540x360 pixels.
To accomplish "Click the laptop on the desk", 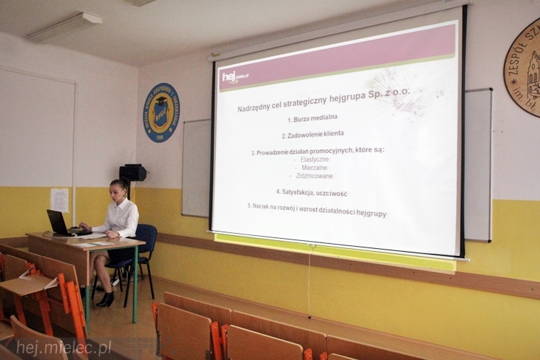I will (x=58, y=223).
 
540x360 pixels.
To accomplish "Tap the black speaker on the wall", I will (x=132, y=173).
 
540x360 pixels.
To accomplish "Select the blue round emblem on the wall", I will (x=161, y=113).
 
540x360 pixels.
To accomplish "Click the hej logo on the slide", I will (x=235, y=76).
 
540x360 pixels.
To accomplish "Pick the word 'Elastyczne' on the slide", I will (x=314, y=159).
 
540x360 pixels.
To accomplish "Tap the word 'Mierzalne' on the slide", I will (x=314, y=167).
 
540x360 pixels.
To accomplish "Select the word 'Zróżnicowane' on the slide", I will (x=316, y=176).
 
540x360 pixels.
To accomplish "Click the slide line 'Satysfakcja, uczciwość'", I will (x=311, y=193).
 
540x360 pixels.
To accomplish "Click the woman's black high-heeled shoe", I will (x=106, y=299).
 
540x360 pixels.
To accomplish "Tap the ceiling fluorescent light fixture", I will (x=65, y=27).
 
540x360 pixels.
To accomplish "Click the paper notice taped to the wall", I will (x=59, y=200).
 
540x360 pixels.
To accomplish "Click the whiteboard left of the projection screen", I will (x=196, y=167).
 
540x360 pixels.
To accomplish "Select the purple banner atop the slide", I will (x=339, y=58).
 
